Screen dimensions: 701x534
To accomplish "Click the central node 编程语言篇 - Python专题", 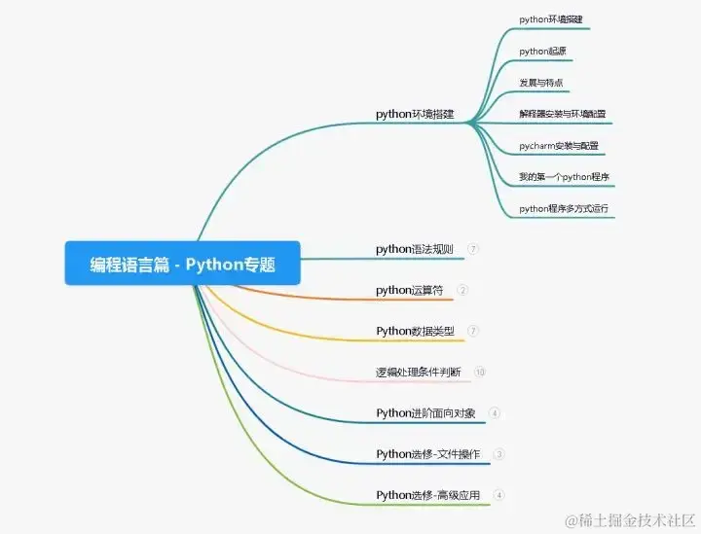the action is (182, 263).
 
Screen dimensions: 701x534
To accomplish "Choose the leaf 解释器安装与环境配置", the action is (563, 114).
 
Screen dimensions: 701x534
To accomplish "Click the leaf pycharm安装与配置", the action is (559, 146).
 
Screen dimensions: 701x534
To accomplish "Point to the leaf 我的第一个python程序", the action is (565, 177).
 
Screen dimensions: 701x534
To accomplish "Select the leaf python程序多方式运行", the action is (567, 208).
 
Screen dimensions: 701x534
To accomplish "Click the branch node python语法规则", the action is (415, 249).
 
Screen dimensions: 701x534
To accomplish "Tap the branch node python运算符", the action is (410, 290).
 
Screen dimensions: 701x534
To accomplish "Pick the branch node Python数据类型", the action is (415, 331).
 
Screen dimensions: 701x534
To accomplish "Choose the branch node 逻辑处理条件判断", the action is (419, 372).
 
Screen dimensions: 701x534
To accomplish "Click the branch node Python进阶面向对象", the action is (426, 412).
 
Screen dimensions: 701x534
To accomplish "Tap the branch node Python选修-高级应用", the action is (428, 494).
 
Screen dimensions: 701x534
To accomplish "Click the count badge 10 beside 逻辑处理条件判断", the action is (479, 372).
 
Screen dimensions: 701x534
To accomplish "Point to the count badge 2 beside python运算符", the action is (462, 290).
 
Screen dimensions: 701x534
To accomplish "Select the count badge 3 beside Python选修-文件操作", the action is (499, 453).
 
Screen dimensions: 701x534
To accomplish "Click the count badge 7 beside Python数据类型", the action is (473, 331).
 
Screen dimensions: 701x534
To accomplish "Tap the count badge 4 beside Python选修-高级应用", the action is (499, 494).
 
